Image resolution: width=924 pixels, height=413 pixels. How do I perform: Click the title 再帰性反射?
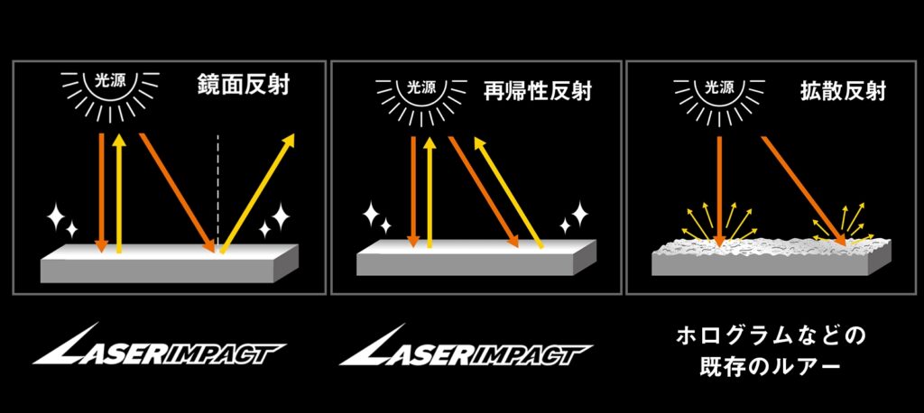538,90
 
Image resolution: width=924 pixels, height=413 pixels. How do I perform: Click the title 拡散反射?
843,91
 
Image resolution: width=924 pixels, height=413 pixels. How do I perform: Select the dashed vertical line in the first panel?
218,189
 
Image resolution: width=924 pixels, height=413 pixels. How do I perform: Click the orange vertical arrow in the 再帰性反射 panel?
412,189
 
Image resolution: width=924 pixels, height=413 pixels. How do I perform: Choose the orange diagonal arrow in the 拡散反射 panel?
803,189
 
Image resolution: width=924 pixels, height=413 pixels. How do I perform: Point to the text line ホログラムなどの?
771,337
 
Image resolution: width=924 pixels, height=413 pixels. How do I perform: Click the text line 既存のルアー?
771,370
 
